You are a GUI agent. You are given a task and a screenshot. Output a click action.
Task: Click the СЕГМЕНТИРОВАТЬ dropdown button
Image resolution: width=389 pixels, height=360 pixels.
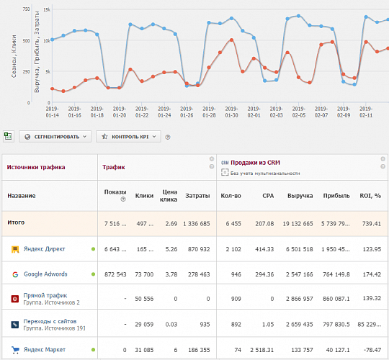55,136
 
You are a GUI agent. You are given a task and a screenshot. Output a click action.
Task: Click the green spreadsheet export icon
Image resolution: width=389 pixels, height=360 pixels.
8,135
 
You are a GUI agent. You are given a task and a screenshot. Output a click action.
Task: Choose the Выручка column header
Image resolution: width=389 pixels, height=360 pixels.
300,195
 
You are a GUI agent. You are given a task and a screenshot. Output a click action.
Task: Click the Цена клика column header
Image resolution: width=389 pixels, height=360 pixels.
168,195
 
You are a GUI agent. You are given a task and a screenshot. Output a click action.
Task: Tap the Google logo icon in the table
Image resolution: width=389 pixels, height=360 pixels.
15,274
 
